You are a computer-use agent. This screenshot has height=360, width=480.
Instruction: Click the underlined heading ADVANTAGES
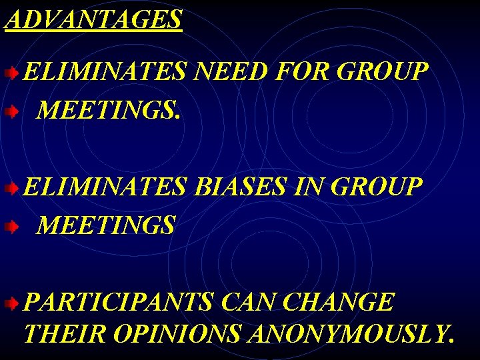[x=93, y=19]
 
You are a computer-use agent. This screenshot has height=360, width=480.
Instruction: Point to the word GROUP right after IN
[x=376, y=187]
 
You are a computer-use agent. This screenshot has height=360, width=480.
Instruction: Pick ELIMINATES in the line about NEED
[x=105, y=71]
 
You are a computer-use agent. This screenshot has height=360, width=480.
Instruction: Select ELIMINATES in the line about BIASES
[x=105, y=187]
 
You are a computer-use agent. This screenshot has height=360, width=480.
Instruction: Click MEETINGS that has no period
[x=107, y=225]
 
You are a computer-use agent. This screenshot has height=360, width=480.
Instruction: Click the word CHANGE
[x=339, y=303]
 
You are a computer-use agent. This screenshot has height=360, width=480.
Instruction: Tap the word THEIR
[x=64, y=333]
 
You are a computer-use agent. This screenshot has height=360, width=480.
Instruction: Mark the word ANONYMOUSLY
[x=351, y=333]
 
